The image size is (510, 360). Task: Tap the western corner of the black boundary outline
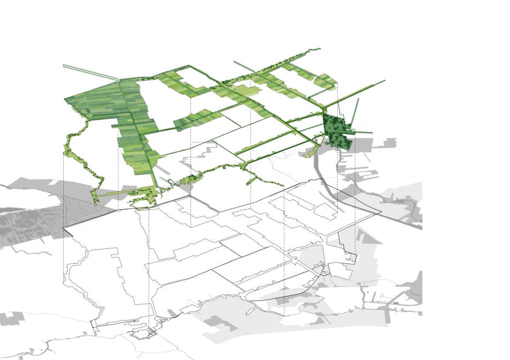pos(63,229)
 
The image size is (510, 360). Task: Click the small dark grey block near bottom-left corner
pos(12,318)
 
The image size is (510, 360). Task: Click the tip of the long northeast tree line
pos(384,80)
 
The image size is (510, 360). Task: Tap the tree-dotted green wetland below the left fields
pos(144,197)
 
